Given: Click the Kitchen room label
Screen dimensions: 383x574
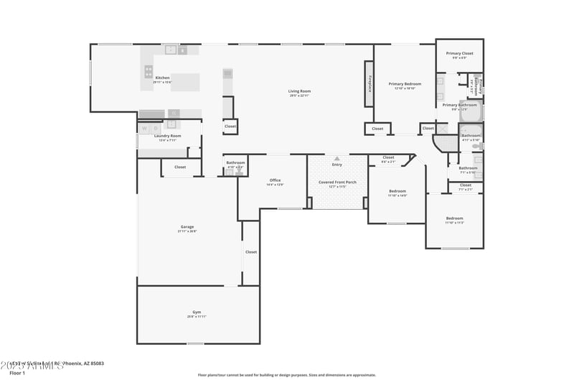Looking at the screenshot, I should [x=162, y=78].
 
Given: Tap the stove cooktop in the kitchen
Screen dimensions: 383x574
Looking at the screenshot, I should [x=149, y=70].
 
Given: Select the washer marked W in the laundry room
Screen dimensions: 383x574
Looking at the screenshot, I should [x=144, y=129].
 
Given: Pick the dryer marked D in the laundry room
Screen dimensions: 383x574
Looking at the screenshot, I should [x=156, y=129].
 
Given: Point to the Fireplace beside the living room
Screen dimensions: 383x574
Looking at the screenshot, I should [x=370, y=84].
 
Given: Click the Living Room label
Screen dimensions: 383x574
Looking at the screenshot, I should [x=299, y=91].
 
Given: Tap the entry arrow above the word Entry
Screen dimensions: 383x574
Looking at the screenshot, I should [x=337, y=158].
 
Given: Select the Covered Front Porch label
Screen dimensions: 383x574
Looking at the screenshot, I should [x=337, y=182].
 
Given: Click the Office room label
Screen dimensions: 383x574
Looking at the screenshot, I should [x=275, y=180].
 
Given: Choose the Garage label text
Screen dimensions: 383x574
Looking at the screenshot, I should [x=187, y=227].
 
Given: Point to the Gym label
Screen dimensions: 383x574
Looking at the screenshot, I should [x=197, y=312].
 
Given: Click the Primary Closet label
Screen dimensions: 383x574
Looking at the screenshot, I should [x=459, y=54].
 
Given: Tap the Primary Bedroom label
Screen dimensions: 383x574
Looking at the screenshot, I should [x=405, y=84].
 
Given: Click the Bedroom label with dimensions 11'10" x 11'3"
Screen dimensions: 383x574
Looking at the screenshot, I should [x=454, y=218].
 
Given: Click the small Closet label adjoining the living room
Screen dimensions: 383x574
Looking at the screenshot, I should [x=230, y=126].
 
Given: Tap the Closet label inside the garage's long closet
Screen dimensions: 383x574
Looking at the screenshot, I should [x=250, y=252].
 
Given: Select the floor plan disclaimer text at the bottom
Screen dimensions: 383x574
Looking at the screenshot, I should [x=286, y=374].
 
